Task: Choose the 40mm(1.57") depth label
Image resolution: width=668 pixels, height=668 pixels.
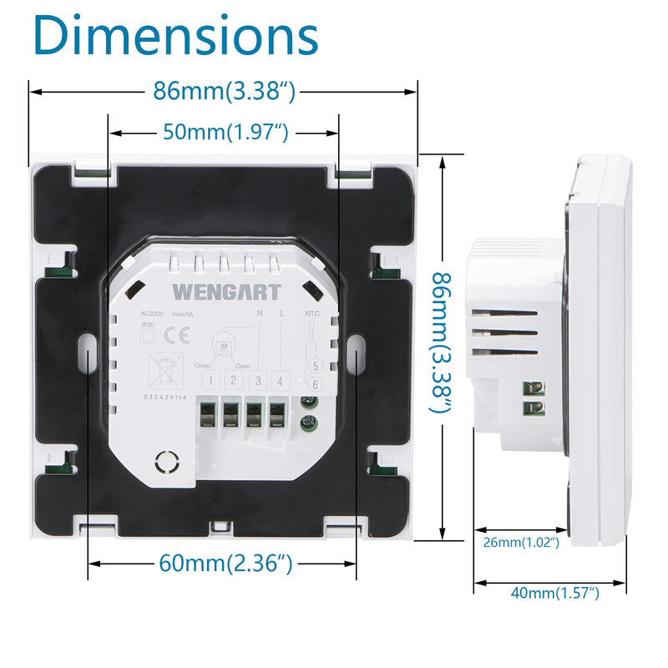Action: coord(555,593)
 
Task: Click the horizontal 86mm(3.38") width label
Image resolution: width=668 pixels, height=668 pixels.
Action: coord(224,90)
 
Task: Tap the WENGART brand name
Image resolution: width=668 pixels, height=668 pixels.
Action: coord(215,291)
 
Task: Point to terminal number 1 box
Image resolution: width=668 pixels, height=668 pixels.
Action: coord(212,381)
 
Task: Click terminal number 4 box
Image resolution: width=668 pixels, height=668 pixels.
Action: coord(281,381)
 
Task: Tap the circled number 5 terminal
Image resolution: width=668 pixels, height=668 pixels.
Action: coord(315,366)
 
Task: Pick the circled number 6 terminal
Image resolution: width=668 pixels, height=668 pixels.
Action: coord(315,383)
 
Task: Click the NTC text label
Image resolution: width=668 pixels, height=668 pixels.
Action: coord(311,314)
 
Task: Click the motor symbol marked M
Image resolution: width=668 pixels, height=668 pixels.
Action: coord(224,345)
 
